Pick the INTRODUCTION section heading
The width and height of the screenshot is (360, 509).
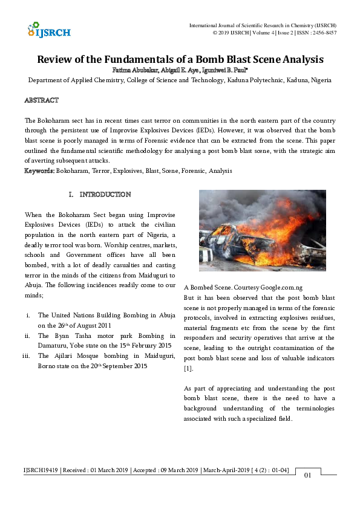point(105,195)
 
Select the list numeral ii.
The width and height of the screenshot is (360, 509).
point(27,336)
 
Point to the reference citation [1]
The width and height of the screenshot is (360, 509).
point(188,368)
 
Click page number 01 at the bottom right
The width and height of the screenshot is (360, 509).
point(307,475)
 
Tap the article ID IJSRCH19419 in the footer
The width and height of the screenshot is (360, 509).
point(42,470)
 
